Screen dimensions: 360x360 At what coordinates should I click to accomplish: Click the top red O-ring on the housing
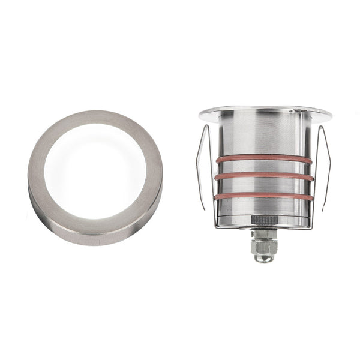click(x=264, y=159)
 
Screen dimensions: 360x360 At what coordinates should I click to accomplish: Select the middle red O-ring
click(x=264, y=177)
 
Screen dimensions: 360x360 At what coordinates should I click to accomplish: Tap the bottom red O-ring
click(x=264, y=196)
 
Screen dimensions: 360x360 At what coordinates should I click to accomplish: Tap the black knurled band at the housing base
click(x=264, y=220)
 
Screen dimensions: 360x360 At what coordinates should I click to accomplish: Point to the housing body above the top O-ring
click(x=264, y=135)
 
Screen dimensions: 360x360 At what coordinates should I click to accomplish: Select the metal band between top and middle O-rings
click(x=264, y=168)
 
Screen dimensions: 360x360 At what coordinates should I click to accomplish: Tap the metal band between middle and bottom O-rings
click(x=264, y=187)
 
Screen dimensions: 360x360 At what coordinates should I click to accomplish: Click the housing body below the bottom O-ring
click(x=264, y=207)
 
